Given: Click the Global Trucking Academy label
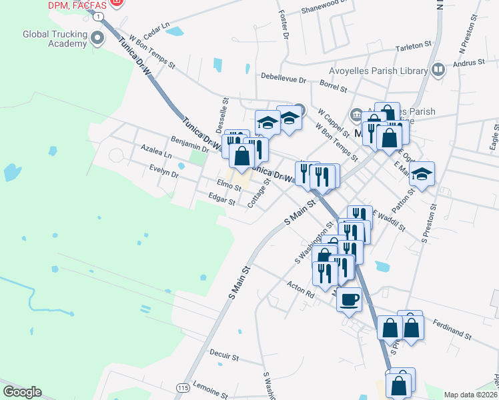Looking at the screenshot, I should (x=55, y=39).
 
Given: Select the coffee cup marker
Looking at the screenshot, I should (x=348, y=300).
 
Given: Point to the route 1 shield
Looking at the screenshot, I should (x=98, y=15).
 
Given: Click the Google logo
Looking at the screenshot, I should (x=21, y=392).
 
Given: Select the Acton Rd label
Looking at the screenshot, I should (x=300, y=290).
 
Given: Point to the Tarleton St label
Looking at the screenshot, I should (x=414, y=46).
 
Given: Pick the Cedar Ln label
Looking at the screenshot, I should (x=157, y=31).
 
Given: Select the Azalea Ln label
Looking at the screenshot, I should (x=156, y=150).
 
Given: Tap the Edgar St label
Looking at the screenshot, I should (x=222, y=199).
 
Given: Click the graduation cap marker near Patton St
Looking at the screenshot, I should (x=422, y=175).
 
